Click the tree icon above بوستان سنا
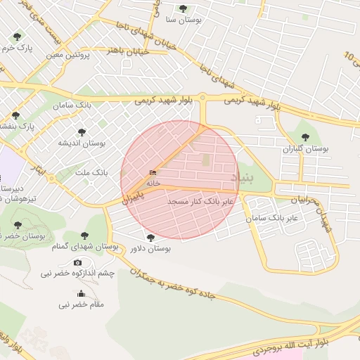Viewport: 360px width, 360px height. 184,8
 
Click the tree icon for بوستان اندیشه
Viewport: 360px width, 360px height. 82,131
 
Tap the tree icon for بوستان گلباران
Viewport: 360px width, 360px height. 304,138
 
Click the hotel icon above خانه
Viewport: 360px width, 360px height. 153,173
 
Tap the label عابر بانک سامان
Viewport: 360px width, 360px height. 272,219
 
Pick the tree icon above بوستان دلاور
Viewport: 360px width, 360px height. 150,238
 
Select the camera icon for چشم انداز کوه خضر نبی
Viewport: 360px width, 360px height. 77,262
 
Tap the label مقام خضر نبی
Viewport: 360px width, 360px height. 82,304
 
